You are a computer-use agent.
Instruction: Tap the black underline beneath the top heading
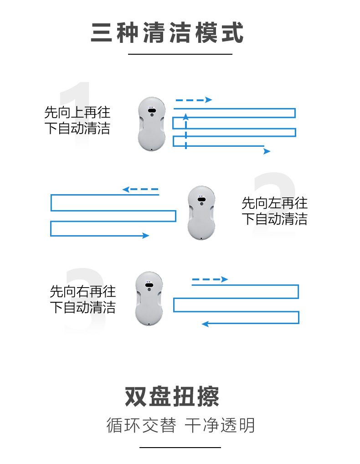(180, 54)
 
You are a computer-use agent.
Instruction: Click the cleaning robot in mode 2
(201, 212)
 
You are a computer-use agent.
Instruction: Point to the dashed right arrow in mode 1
(194, 100)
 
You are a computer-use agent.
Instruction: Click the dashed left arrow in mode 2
(140, 189)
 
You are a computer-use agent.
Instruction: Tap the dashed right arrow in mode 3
(210, 279)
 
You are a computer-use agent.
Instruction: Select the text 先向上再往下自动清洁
(77, 120)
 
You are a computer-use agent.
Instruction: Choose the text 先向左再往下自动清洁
(274, 211)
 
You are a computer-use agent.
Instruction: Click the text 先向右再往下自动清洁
(82, 299)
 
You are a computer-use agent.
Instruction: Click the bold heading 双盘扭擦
(172, 397)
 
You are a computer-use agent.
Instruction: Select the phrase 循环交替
(141, 426)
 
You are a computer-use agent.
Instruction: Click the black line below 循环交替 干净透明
(180, 448)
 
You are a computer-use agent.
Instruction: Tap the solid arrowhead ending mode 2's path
(146, 236)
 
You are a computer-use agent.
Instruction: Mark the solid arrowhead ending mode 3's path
(205, 324)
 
